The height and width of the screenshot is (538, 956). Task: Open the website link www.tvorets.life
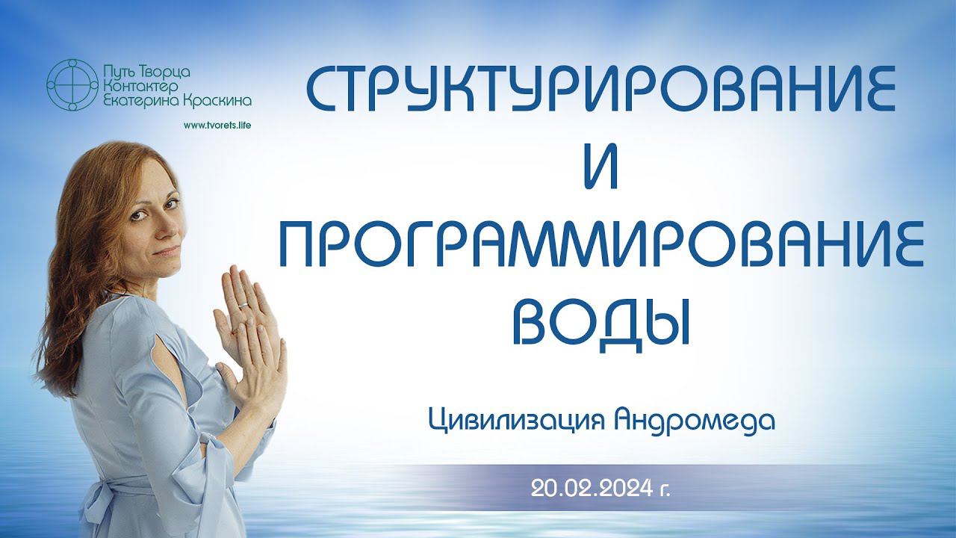217,125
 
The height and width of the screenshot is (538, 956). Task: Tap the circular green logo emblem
72,85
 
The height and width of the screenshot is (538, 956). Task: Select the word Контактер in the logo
140,87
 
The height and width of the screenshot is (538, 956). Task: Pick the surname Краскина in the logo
217,101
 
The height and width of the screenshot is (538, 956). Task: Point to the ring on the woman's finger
243,306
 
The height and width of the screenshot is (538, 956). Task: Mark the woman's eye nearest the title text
171,205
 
